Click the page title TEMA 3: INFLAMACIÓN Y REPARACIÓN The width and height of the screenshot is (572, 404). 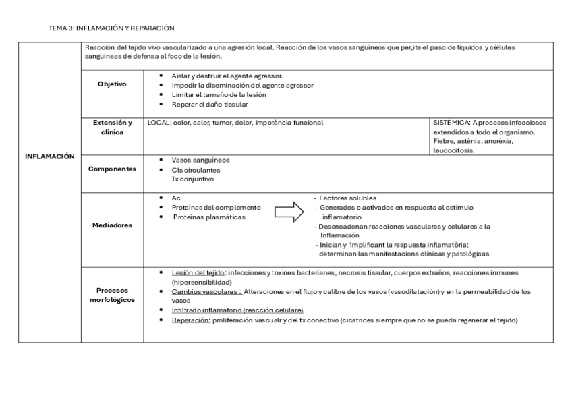pos(111,28)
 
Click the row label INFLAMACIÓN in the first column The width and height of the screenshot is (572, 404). pos(49,156)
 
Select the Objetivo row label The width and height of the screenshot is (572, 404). pos(111,84)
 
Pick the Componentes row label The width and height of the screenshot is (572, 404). pos(111,169)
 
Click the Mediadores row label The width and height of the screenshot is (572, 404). pos(111,225)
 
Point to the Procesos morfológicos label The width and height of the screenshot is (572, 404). pos(111,294)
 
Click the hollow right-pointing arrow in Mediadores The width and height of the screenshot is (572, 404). pos(289,213)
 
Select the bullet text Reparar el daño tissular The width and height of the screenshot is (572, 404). pos(210,105)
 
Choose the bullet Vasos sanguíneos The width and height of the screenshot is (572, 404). pos(200,160)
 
